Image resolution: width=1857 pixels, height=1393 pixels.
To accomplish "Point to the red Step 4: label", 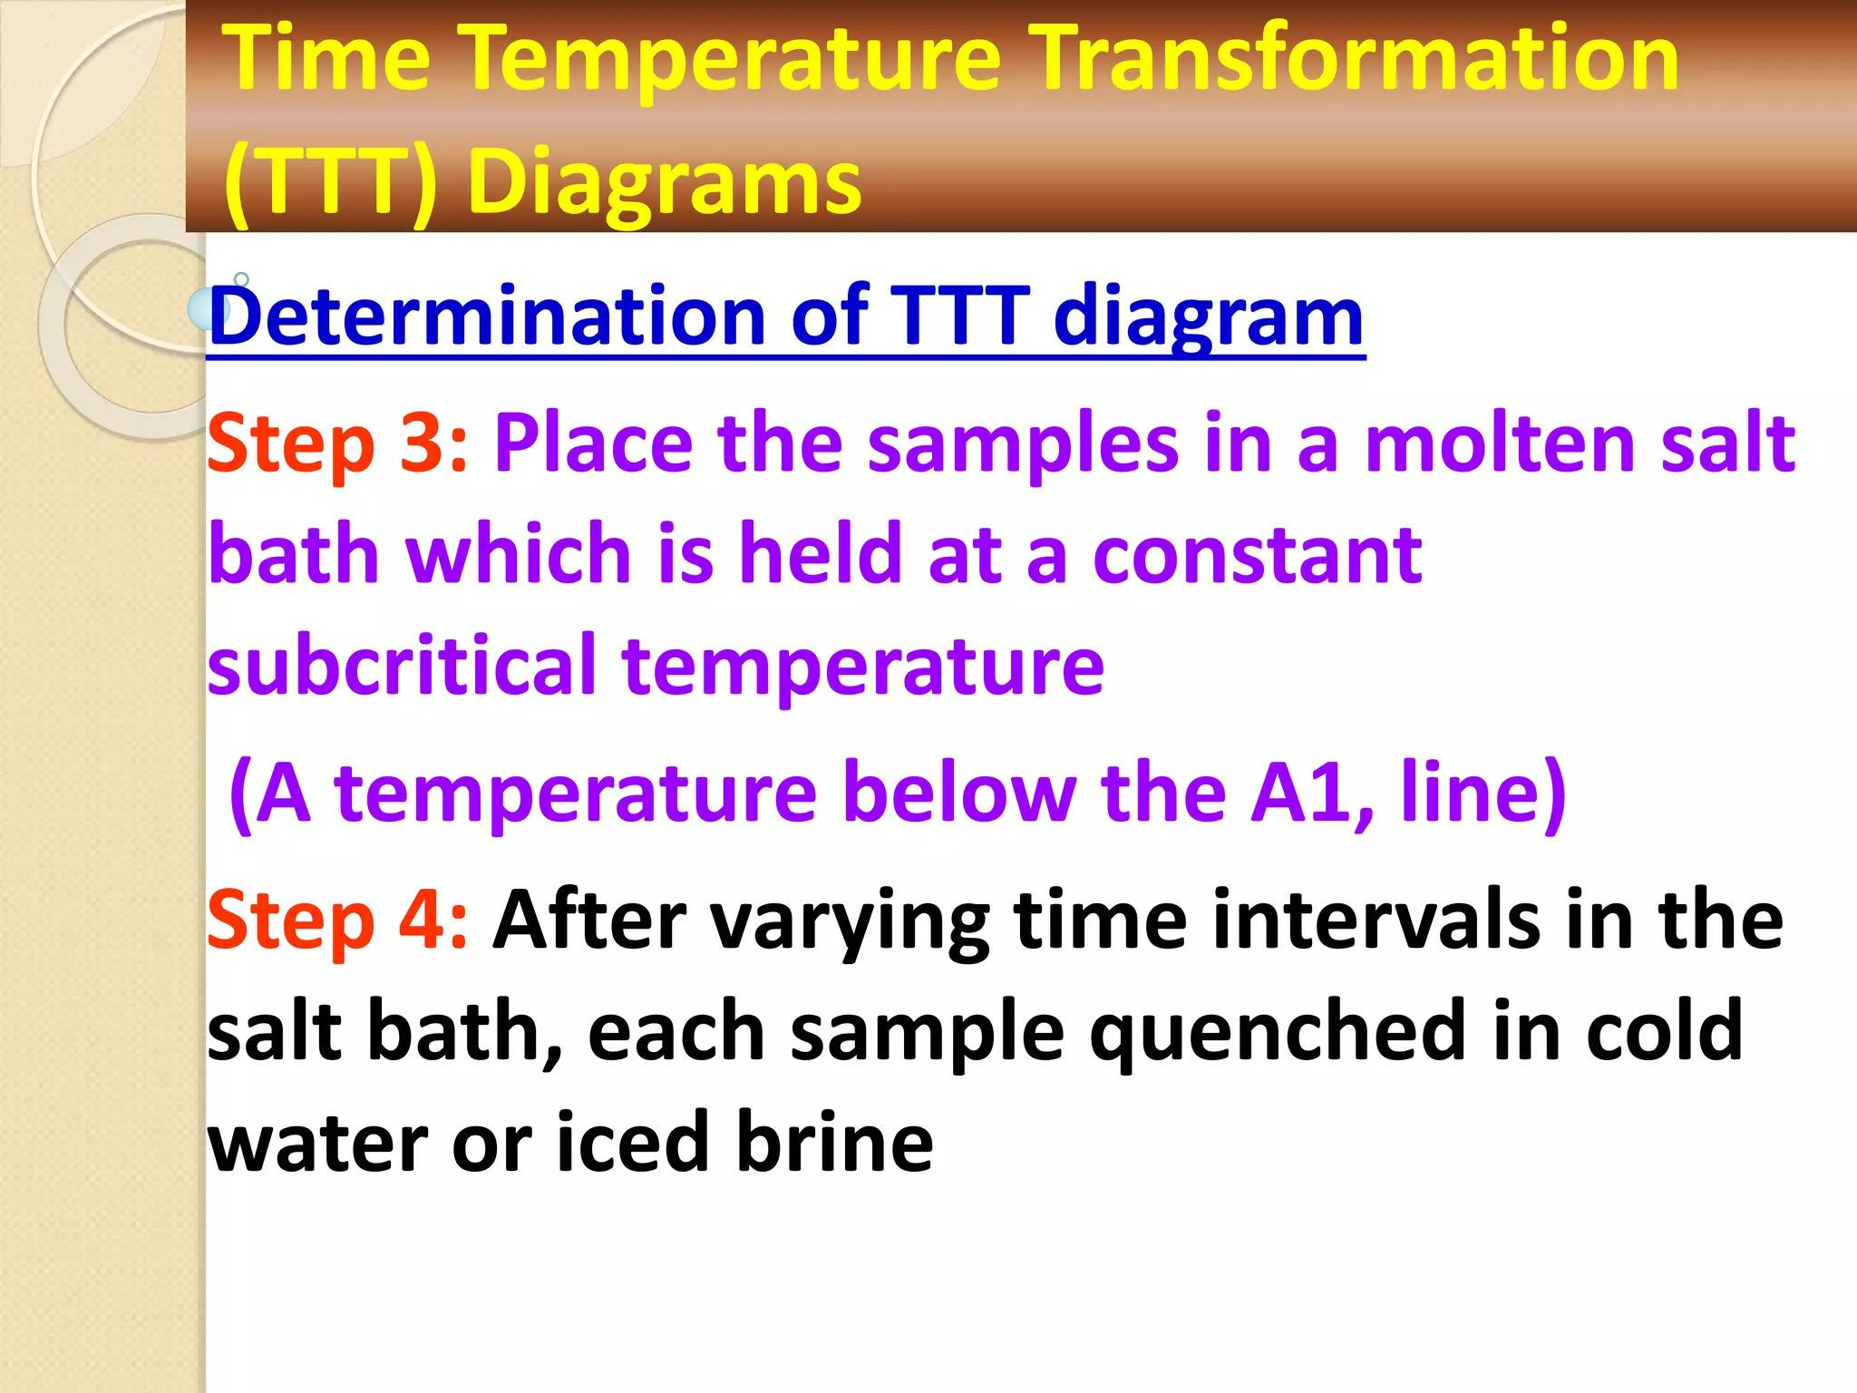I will tap(337, 920).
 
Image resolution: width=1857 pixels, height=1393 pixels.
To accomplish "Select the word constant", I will tap(1257, 555).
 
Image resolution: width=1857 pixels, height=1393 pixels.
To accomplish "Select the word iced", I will tap(631, 1143).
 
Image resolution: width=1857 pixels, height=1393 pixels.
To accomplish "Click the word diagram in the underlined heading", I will tap(1208, 317).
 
